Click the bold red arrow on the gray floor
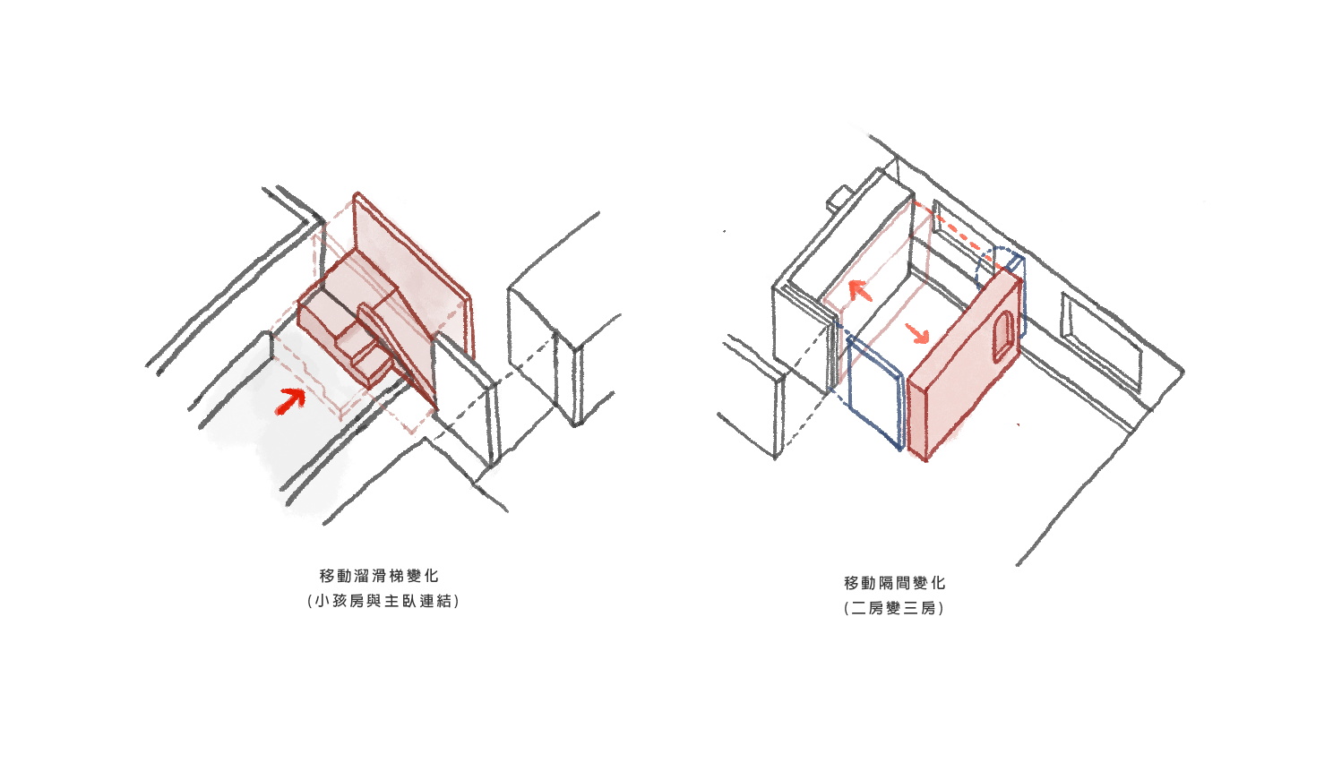click(x=290, y=400)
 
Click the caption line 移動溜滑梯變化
click(x=379, y=576)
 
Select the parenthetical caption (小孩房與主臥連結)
click(x=383, y=601)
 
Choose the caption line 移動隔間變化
click(x=894, y=583)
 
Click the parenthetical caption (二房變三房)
click(x=894, y=608)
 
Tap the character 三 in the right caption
click(x=911, y=608)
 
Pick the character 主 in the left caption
click(x=391, y=601)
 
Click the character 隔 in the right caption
click(x=885, y=583)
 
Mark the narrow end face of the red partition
click(x=917, y=419)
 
